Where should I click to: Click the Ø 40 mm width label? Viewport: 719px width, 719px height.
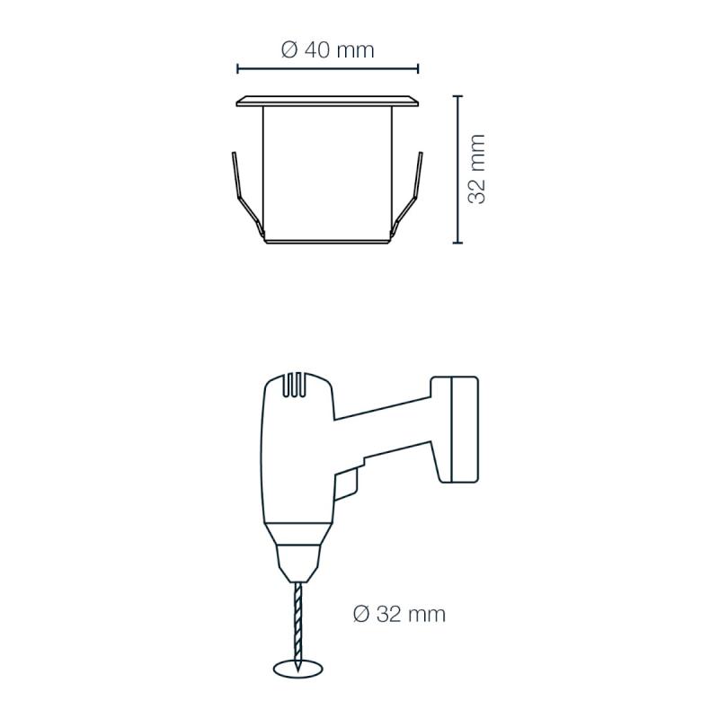(x=327, y=49)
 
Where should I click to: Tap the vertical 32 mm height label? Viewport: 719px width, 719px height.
(x=476, y=169)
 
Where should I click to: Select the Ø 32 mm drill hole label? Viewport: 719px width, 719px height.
(x=399, y=614)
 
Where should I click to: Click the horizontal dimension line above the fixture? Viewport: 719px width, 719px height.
(x=327, y=69)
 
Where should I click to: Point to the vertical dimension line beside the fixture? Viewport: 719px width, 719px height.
(x=457, y=169)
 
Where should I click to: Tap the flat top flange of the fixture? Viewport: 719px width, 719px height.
(x=327, y=102)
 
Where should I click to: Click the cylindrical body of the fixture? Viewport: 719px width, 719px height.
(x=327, y=174)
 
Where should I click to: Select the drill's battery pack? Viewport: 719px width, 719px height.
(x=455, y=430)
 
